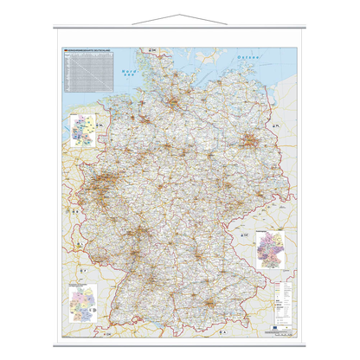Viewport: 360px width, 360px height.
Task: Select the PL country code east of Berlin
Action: pos(275,127)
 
